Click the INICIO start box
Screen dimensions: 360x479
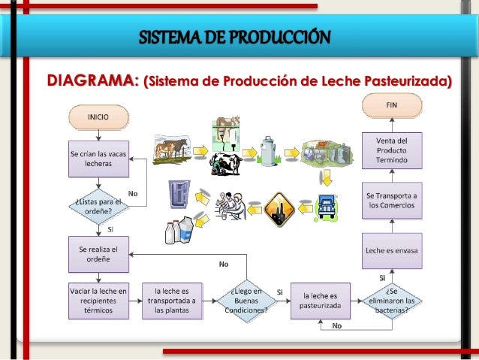[x=97, y=117]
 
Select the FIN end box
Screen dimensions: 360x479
[x=392, y=105]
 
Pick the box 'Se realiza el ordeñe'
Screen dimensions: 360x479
[x=98, y=255]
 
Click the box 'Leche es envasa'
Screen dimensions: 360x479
[x=392, y=250]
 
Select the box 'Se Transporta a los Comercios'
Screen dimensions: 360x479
[x=392, y=201]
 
